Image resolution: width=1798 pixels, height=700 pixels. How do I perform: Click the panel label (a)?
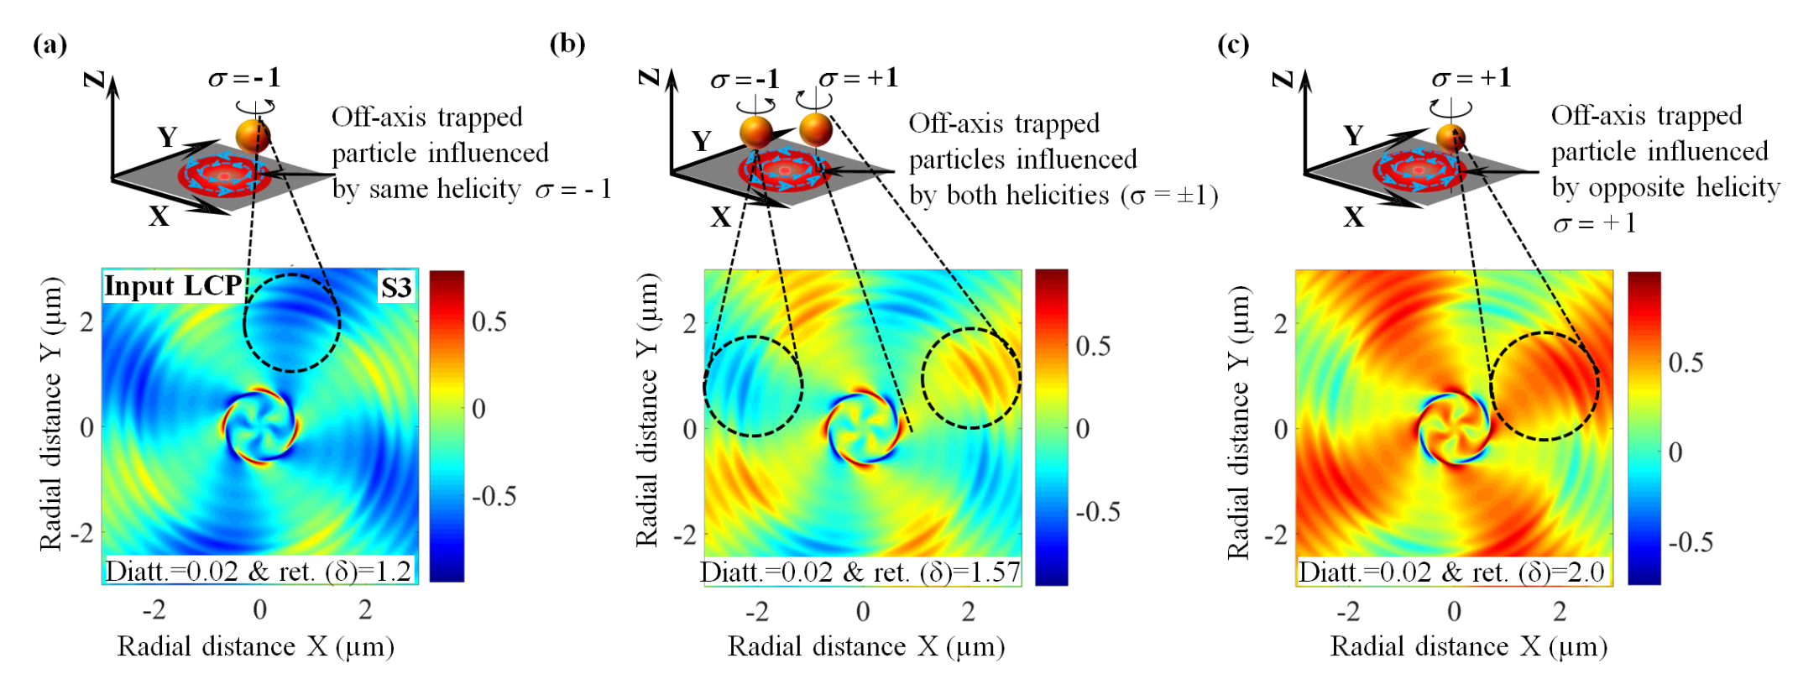point(50,44)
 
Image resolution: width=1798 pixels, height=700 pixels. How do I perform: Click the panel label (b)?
point(567,43)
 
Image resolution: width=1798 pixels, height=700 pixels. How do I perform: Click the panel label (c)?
point(1232,44)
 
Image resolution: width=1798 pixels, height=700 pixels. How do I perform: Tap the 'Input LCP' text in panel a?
point(173,286)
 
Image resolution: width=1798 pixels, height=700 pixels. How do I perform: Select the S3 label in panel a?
point(396,288)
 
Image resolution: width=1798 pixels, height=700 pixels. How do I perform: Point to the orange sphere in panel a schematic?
point(253,135)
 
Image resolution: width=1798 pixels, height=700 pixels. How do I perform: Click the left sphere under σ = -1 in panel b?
point(755,132)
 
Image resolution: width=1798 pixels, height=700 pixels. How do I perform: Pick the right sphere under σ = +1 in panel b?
point(815,128)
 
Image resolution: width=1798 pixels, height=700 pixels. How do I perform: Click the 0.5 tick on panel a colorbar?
point(489,321)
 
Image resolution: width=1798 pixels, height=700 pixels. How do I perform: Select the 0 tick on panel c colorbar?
point(1675,452)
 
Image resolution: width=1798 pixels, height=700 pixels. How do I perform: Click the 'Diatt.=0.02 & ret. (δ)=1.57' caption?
point(860,572)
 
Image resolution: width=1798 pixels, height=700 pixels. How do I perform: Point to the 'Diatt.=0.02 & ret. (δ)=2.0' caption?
point(1451,572)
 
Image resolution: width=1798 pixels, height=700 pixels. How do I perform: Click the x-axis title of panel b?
point(866,646)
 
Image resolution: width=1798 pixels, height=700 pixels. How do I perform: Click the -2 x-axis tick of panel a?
point(154,609)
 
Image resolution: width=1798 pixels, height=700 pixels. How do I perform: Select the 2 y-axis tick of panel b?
point(689,323)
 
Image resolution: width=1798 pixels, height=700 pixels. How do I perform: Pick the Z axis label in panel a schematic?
point(94,80)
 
